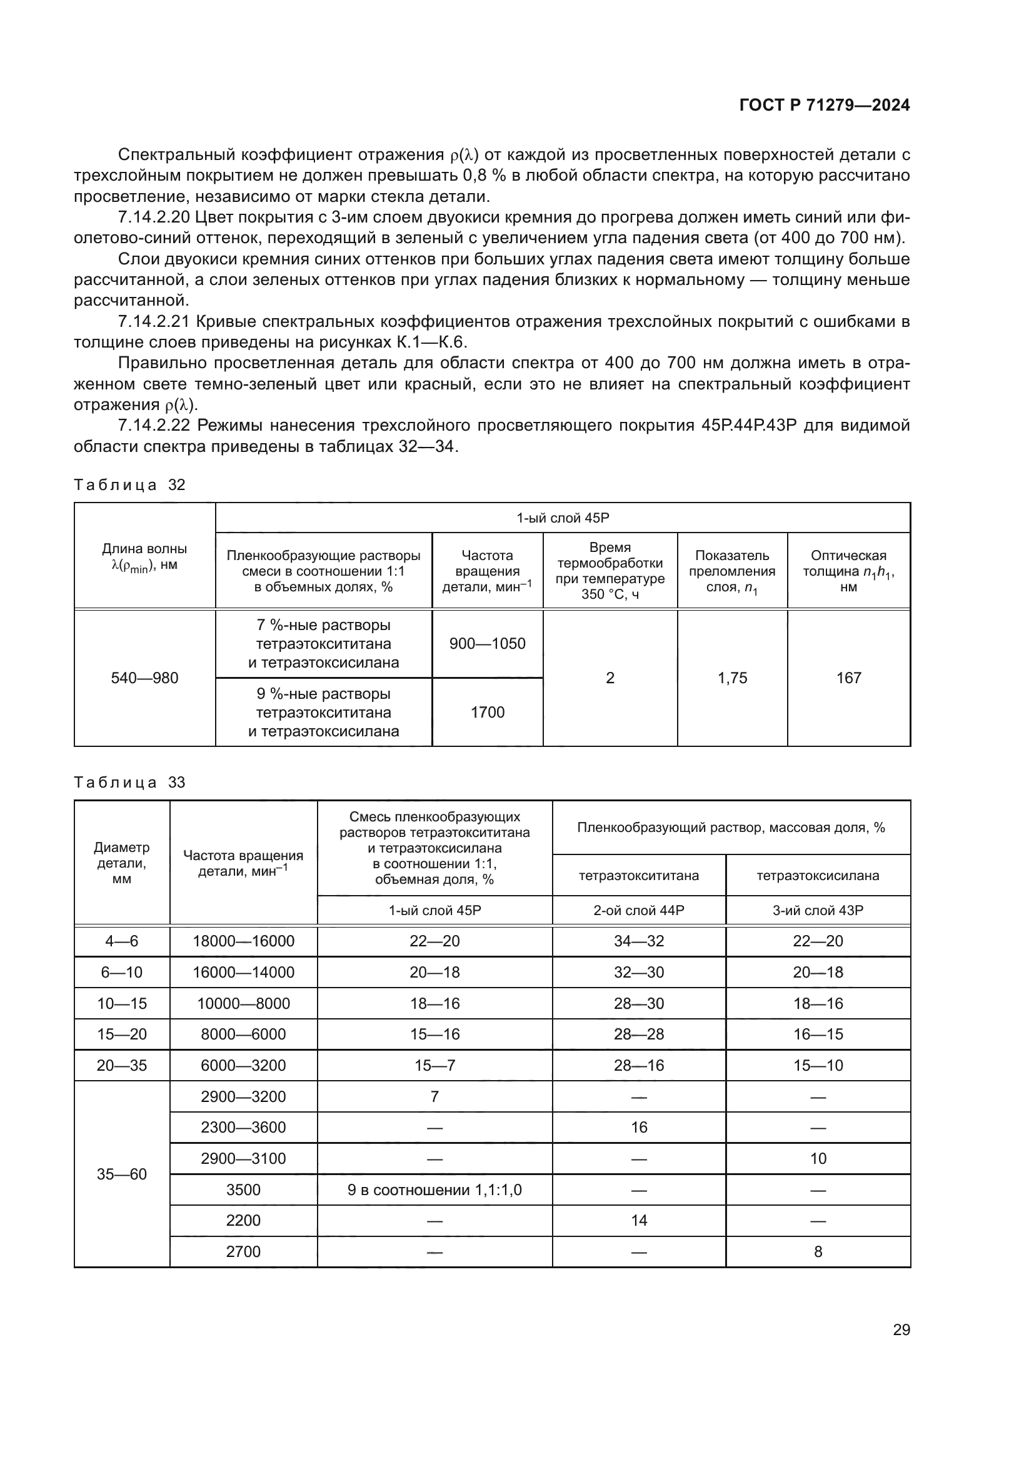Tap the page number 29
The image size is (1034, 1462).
pyautogui.click(x=901, y=1329)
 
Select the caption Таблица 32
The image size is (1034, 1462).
pyautogui.click(x=129, y=484)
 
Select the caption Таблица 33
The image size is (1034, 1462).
pyautogui.click(x=129, y=782)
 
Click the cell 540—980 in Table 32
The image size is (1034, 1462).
pyautogui.click(x=144, y=678)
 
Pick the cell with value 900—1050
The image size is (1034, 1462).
pyautogui.click(x=487, y=643)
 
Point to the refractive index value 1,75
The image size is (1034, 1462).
pyautogui.click(x=732, y=678)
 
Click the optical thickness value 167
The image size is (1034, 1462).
pyautogui.click(x=849, y=678)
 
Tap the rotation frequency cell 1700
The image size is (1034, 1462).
pyautogui.click(x=487, y=712)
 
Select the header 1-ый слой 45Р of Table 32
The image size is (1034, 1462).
pyautogui.click(x=562, y=518)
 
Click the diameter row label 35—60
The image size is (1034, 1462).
pyautogui.click(x=122, y=1174)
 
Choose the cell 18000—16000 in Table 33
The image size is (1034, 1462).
pyautogui.click(x=243, y=941)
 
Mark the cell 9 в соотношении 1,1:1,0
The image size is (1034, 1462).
pyautogui.click(x=434, y=1189)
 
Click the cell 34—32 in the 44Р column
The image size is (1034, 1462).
pyautogui.click(x=639, y=941)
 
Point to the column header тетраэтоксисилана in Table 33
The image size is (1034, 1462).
pyautogui.click(x=818, y=876)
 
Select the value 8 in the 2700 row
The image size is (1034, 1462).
pyautogui.click(x=818, y=1251)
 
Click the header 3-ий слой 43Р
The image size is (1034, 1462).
pyautogui.click(x=818, y=911)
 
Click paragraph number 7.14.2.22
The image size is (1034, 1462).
pyautogui.click(x=154, y=426)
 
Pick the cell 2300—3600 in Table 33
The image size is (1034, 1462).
pyautogui.click(x=243, y=1127)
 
